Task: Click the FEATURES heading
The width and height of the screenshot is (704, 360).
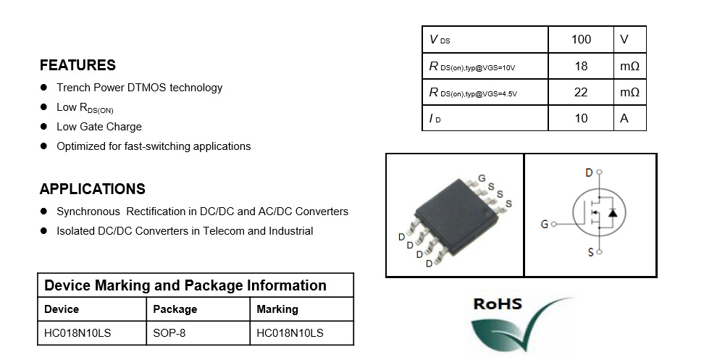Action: click(77, 65)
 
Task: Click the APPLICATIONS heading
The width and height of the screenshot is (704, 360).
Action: click(93, 189)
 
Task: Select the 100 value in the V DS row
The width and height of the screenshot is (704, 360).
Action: click(581, 40)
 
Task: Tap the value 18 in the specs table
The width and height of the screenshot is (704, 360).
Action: click(581, 67)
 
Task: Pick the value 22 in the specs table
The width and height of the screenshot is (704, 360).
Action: click(581, 93)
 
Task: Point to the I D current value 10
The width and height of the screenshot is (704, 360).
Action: click(581, 119)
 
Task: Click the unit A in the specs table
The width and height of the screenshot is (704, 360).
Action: click(624, 119)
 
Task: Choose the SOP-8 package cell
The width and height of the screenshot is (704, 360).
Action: click(169, 333)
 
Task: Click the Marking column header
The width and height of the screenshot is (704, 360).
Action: click(277, 309)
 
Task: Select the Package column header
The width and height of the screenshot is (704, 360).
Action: click(175, 309)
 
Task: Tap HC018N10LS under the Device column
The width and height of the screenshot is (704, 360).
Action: click(77, 333)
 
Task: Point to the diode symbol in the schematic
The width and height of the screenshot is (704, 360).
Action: click(613, 212)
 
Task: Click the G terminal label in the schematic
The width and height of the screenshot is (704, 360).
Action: click(545, 224)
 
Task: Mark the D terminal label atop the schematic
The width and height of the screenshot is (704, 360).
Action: click(589, 172)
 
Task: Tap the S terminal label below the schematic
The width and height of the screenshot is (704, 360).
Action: click(591, 252)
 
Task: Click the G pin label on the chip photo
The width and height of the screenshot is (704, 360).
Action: click(482, 179)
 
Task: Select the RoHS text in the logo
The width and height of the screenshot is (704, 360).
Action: click(498, 304)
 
